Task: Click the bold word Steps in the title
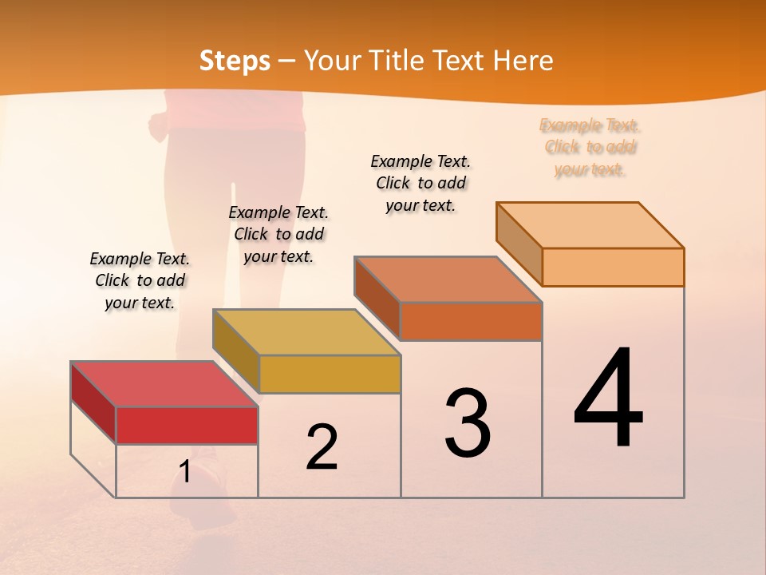click(x=235, y=61)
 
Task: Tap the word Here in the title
click(x=523, y=61)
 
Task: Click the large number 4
click(x=608, y=399)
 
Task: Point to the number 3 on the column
click(x=468, y=423)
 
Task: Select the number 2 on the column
click(x=322, y=446)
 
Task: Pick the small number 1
click(x=185, y=472)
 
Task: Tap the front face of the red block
click(x=187, y=425)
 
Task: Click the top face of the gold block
click(x=306, y=332)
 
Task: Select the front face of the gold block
click(x=330, y=374)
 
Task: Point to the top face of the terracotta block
click(x=448, y=280)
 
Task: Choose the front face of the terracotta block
click(x=471, y=321)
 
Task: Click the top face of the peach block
click(x=590, y=225)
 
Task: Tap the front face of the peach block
click(x=613, y=267)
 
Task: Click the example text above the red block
click(x=140, y=280)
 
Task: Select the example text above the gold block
click(x=278, y=234)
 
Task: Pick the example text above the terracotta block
click(x=421, y=183)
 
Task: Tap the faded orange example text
click(x=590, y=147)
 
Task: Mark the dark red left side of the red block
click(x=93, y=402)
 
